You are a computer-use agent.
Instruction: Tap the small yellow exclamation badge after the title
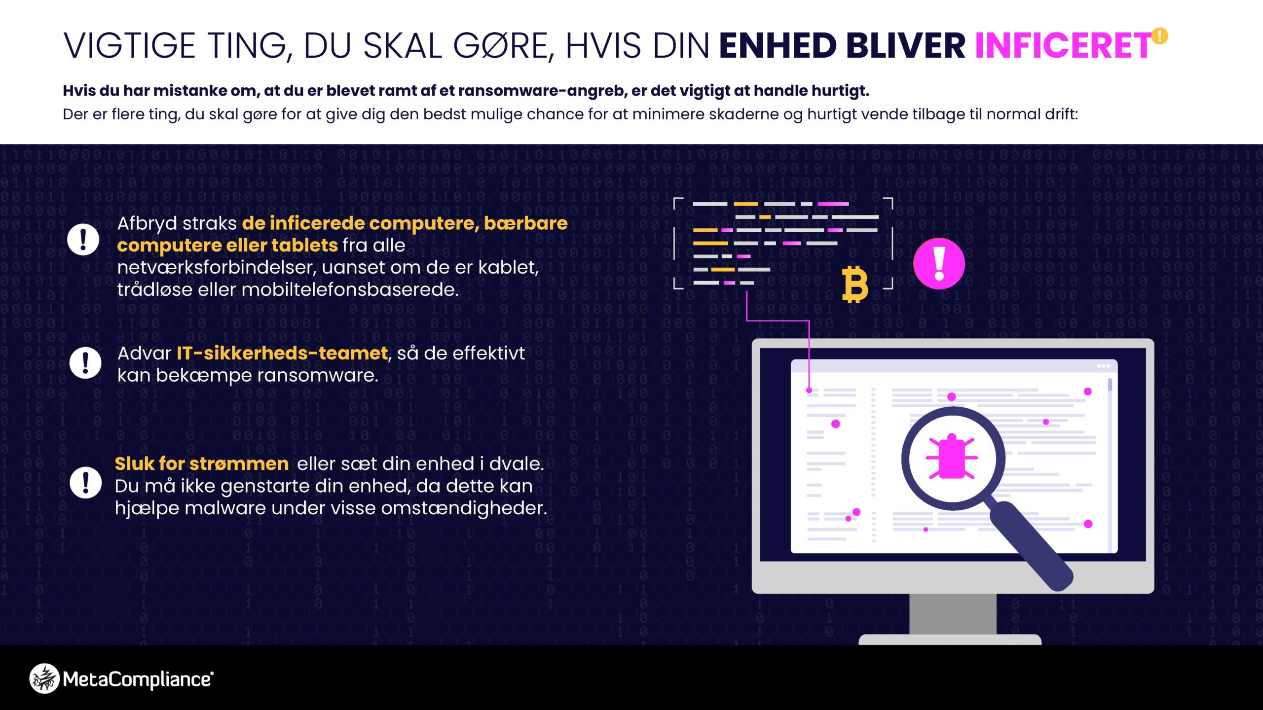(1159, 36)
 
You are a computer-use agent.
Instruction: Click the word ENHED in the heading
(778, 46)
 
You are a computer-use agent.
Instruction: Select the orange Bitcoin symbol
(854, 284)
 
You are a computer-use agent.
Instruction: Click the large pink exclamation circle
(939, 263)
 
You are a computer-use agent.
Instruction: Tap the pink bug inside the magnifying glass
(951, 457)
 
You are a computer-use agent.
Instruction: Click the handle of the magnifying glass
(1031, 545)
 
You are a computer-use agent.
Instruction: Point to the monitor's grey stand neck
(953, 614)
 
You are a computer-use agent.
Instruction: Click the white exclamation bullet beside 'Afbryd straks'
(83, 240)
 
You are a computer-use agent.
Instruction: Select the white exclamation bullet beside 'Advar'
(85, 362)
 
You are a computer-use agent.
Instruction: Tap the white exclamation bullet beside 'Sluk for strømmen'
(85, 483)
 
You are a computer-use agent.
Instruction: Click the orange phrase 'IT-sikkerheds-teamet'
(282, 353)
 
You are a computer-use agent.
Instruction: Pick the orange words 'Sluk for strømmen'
(202, 463)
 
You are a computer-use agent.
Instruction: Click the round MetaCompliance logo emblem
(44, 679)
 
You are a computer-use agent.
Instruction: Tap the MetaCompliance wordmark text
(138, 679)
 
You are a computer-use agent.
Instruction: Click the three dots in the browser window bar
(1104, 366)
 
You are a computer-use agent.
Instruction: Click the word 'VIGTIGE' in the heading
(130, 46)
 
